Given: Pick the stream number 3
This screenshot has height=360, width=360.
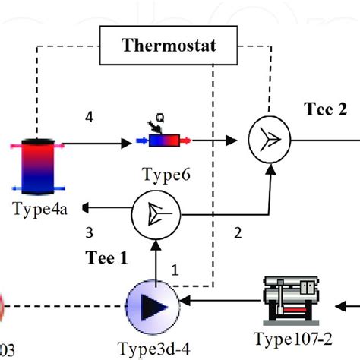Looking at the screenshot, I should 89,232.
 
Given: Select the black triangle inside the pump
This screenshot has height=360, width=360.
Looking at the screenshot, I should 155,305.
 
